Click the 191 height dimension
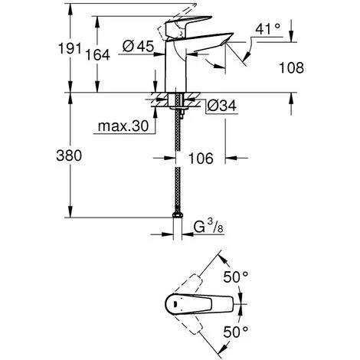click(x=70, y=48)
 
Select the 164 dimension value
click(x=97, y=55)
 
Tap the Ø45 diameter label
click(x=138, y=46)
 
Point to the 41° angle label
click(x=267, y=29)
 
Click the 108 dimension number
click(x=291, y=68)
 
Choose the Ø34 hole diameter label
click(x=221, y=106)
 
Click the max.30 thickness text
click(x=123, y=126)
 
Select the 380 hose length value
click(x=69, y=155)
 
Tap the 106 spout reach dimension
click(x=201, y=159)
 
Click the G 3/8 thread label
click(x=208, y=226)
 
